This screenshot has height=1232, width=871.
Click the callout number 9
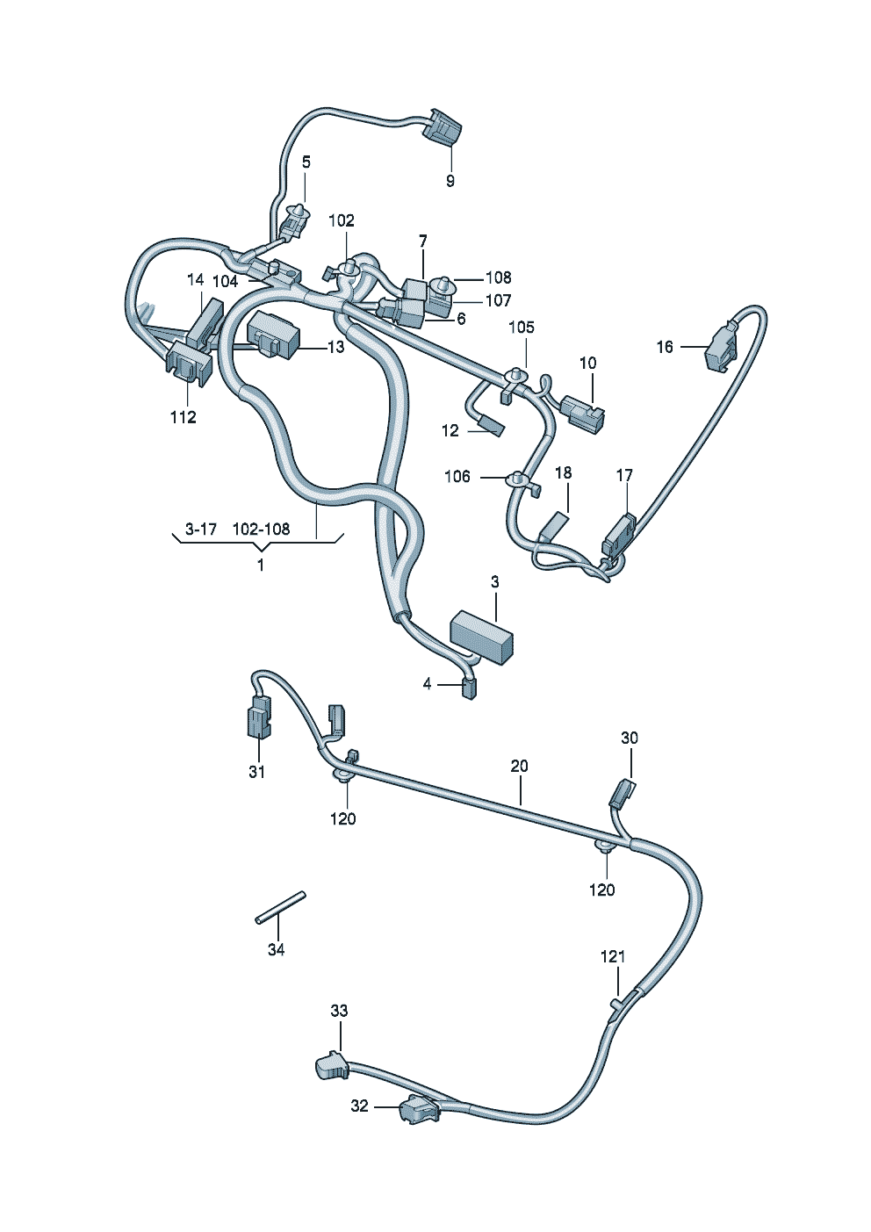[x=450, y=181]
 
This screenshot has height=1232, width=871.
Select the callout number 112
[x=184, y=417]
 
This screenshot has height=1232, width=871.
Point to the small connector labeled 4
[x=469, y=688]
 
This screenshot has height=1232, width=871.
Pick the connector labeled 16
[x=721, y=347]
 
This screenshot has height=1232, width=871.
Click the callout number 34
[x=276, y=950]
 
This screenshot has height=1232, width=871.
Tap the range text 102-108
[x=261, y=530]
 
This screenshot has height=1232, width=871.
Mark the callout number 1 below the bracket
[x=261, y=565]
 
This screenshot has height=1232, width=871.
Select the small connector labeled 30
[x=622, y=793]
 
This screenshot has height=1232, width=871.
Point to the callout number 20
[x=519, y=766]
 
